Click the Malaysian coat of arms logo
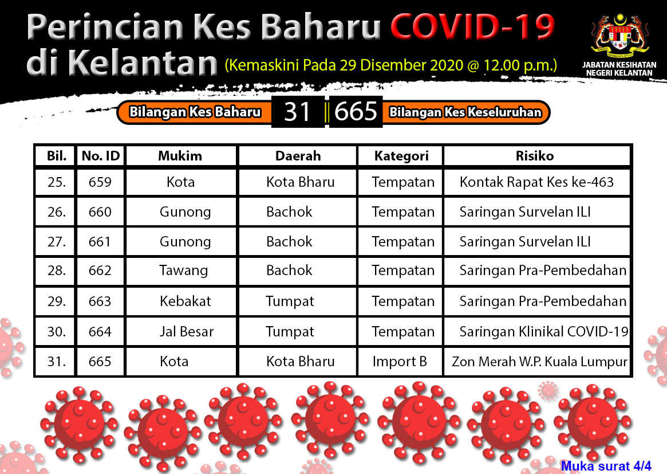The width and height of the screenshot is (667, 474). point(619,36)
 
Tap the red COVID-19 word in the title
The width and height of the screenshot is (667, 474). point(472,27)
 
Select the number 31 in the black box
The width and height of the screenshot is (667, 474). point(297,112)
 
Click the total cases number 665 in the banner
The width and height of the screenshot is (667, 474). point(356,112)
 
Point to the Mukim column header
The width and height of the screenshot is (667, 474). point(180,156)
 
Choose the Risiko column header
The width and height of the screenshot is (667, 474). point(535,156)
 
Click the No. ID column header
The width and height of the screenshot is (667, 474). point(101,156)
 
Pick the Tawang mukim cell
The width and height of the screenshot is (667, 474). point(184,271)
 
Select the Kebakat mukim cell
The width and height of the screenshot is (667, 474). point(186,301)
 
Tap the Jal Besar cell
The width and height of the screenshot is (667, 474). point(186,331)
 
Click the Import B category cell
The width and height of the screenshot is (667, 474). point(400,362)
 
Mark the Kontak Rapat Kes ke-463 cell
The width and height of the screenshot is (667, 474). point(537,182)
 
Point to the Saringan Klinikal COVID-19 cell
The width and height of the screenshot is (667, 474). point(544,331)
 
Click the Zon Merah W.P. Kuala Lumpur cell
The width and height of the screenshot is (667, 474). point(539,362)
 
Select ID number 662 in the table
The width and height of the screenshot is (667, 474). point(100,271)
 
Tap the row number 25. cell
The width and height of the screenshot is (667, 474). point(57,182)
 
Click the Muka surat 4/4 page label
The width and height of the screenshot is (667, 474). point(606,466)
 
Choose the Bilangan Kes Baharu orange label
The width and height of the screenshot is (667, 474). point(195,112)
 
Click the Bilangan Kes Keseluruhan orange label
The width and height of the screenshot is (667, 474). point(465,112)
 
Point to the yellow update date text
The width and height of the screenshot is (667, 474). point(391,65)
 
